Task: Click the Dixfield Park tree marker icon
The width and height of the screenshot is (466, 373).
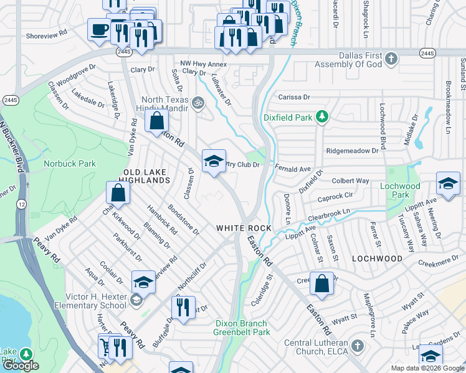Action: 321,116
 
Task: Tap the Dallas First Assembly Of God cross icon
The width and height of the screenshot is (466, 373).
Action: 391,60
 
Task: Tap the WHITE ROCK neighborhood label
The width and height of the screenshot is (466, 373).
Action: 244,228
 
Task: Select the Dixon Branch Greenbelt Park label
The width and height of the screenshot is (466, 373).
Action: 241,328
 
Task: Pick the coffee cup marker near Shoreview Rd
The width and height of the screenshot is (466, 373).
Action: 98,30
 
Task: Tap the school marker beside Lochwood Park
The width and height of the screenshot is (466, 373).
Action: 448,183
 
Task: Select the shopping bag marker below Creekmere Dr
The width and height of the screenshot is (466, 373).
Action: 322,283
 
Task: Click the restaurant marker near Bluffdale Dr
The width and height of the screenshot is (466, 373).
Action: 183,308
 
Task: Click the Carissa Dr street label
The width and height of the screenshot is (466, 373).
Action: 293,98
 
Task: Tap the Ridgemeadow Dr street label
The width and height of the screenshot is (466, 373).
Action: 353,151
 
